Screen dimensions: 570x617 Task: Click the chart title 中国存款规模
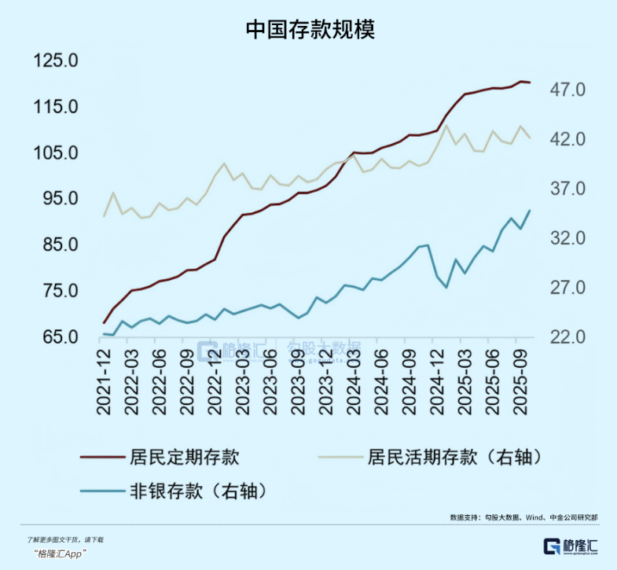(309, 29)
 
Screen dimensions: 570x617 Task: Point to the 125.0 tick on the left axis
(54, 61)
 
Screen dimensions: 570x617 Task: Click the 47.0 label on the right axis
(568, 90)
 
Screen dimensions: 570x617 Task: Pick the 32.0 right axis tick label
(568, 238)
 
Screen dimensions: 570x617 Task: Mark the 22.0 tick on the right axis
(568, 337)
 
